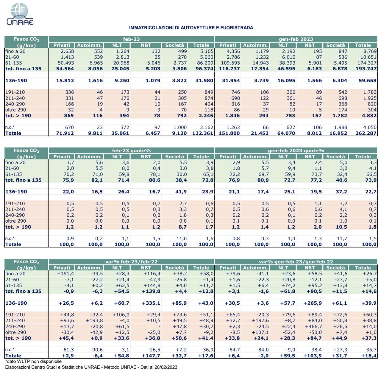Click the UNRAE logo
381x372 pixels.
(20, 14)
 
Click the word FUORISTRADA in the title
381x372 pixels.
(237, 28)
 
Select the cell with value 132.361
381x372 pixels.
(203, 133)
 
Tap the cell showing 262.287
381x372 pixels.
(366, 133)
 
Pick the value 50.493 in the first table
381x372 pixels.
(66, 63)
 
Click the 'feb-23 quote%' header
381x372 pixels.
(131, 151)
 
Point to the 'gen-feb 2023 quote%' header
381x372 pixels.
(296, 151)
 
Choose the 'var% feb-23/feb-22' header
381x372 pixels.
(131, 262)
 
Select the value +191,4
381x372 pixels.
(65, 274)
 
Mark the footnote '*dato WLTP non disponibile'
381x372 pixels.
(33, 361)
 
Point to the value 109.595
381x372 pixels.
(230, 63)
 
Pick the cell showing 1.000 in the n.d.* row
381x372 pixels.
(180, 127)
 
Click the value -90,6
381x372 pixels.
(96, 350)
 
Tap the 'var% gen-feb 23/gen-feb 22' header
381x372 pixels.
(296, 262)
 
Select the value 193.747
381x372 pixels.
(366, 69)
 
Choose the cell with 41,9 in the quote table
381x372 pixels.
(181, 192)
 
